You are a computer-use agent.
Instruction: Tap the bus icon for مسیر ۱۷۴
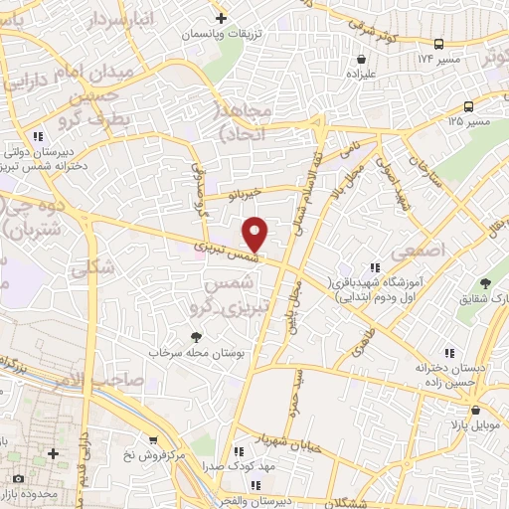[x=438, y=44]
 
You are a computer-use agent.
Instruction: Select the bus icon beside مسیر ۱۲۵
[x=468, y=106]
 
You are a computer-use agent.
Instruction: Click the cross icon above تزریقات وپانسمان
[x=221, y=17]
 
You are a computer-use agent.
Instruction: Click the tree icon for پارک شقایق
[x=486, y=283]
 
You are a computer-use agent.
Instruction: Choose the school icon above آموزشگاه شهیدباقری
[x=375, y=266]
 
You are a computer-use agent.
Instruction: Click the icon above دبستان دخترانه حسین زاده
[x=449, y=352]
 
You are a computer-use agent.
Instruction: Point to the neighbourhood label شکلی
[x=94, y=265]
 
